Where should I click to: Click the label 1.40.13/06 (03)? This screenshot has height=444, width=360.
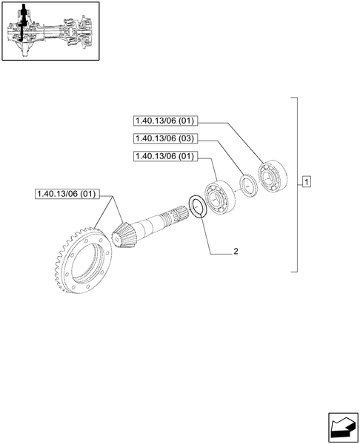pos(164,138)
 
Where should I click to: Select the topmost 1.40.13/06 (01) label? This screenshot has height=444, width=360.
pos(164,121)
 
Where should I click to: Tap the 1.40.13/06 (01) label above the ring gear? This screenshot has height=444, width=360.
pos(66,195)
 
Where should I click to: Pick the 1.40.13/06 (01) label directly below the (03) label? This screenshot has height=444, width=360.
pos(164,156)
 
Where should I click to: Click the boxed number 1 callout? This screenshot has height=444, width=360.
pos(307,182)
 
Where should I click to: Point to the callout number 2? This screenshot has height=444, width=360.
pos(236,252)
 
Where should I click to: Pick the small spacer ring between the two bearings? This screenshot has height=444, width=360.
pos(247,185)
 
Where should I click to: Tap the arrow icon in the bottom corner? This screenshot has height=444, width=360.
pos(340,425)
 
